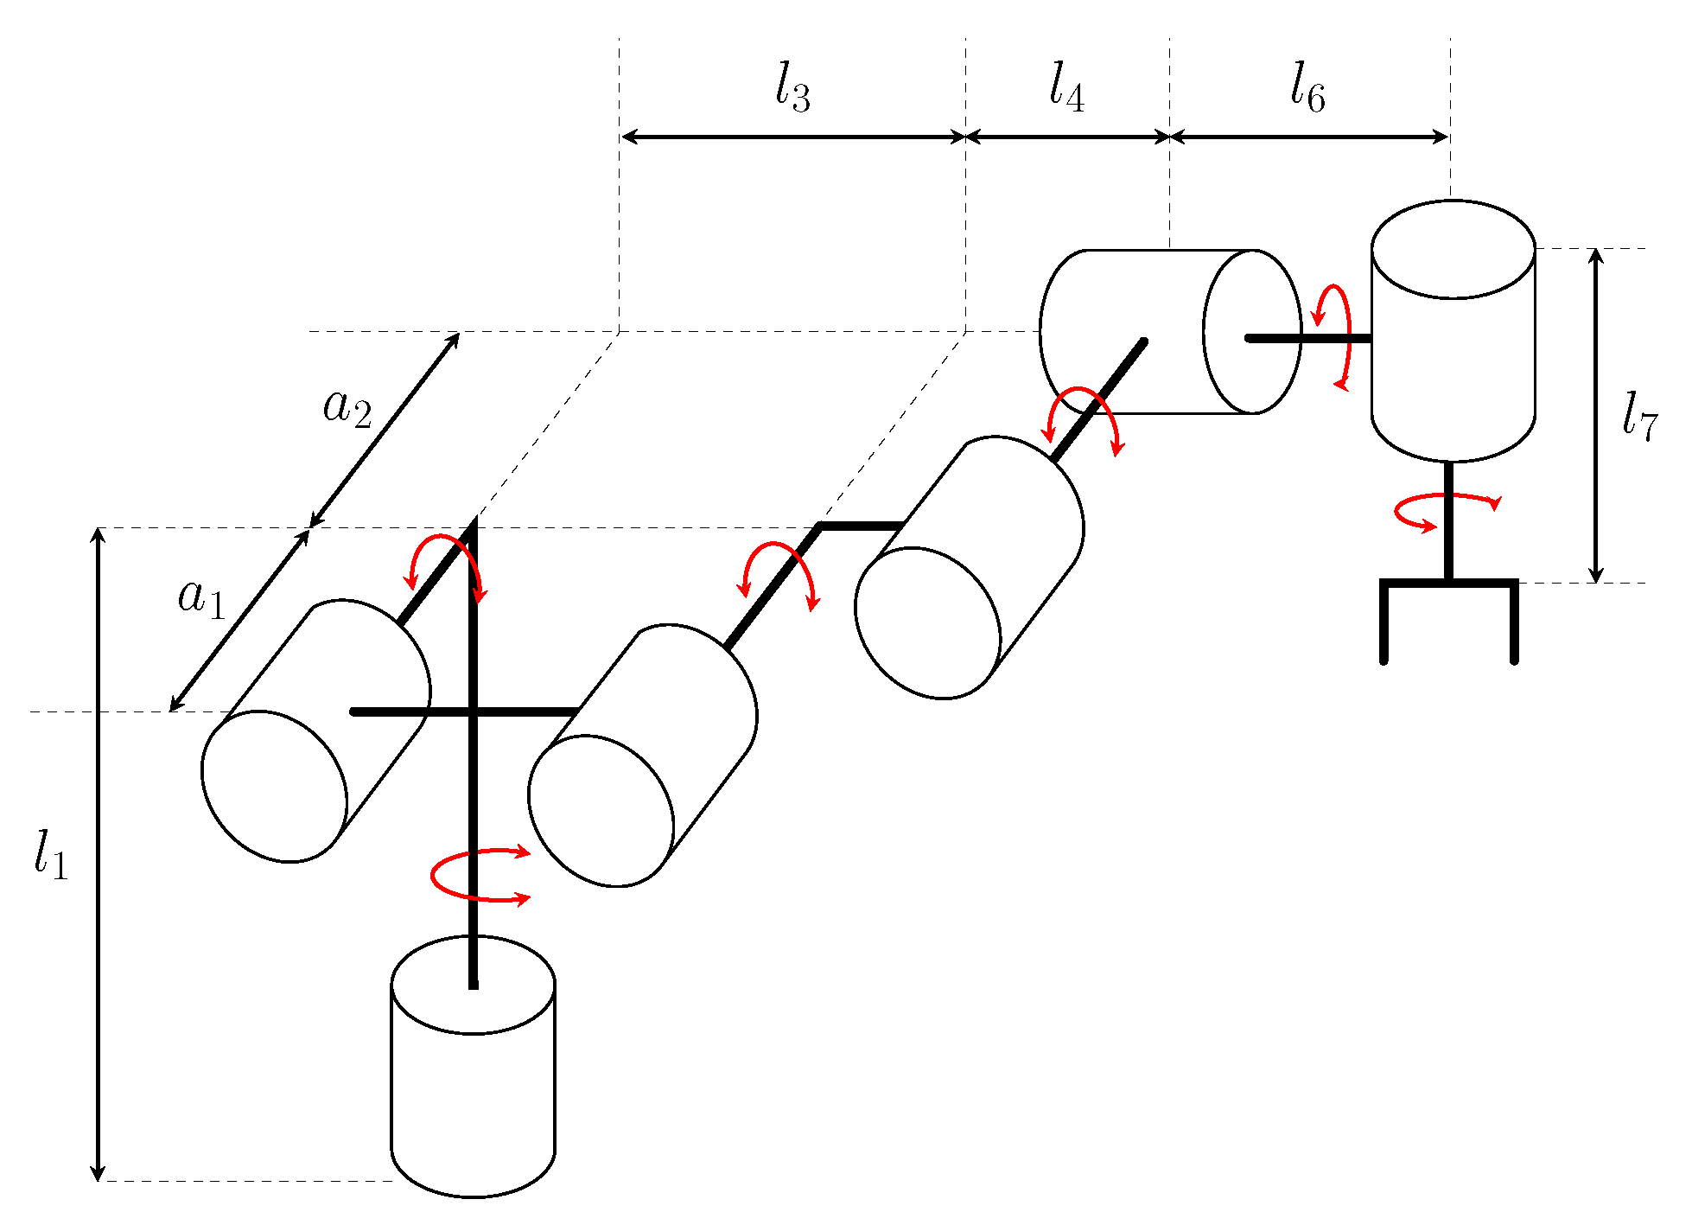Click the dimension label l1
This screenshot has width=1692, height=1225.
[50, 854]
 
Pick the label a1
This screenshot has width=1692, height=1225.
[201, 597]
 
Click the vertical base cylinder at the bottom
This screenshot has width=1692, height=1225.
[473, 1089]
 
